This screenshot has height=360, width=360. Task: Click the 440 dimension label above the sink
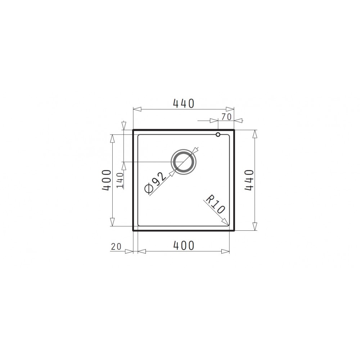tap(184, 104)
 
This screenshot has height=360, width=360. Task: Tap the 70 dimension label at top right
tap(226, 117)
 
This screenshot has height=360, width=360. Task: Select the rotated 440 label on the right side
tap(249, 180)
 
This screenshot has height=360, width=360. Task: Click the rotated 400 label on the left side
tap(107, 180)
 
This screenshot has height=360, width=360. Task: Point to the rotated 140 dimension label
tap(120, 180)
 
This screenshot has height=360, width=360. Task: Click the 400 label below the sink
tap(184, 246)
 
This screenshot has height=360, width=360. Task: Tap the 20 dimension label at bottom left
tap(116, 247)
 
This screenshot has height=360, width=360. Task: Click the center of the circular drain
tap(184, 162)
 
